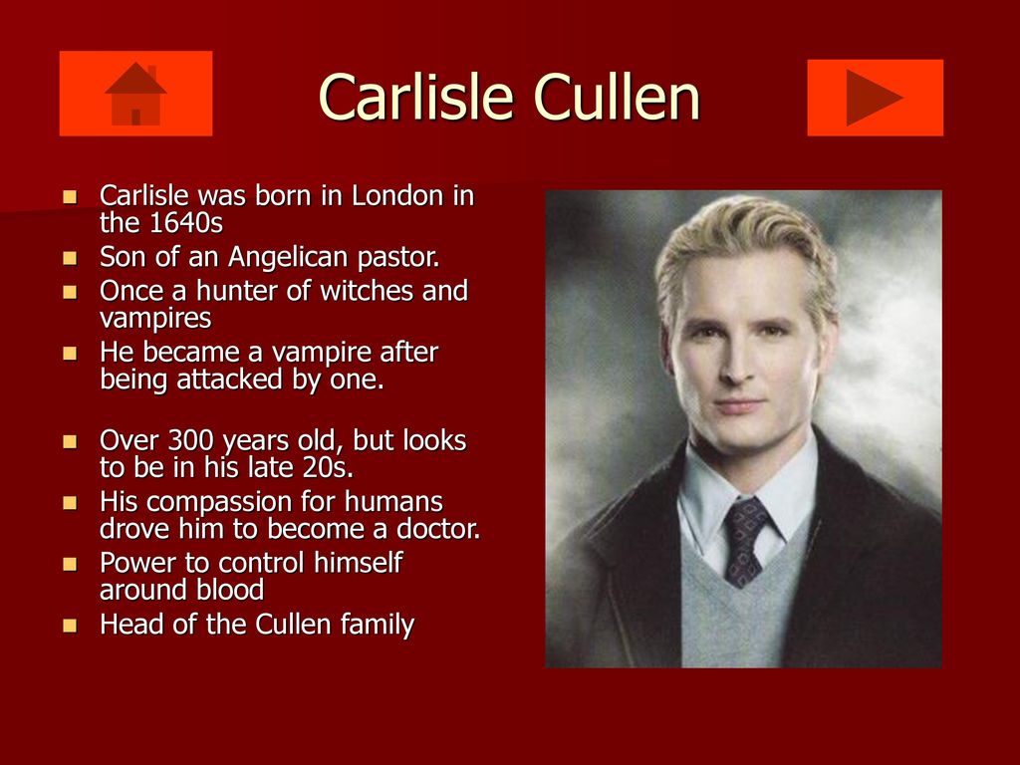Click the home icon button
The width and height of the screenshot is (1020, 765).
tap(135, 94)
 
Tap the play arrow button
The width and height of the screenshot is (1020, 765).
tap(875, 98)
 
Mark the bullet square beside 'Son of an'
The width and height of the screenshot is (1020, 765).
tap(70, 258)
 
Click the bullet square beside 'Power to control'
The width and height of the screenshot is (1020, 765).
tap(70, 564)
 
